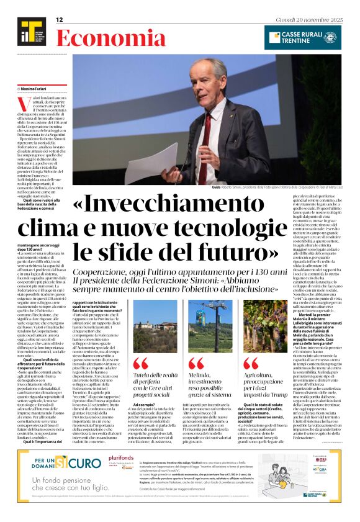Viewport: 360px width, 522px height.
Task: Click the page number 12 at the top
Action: [60, 20]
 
